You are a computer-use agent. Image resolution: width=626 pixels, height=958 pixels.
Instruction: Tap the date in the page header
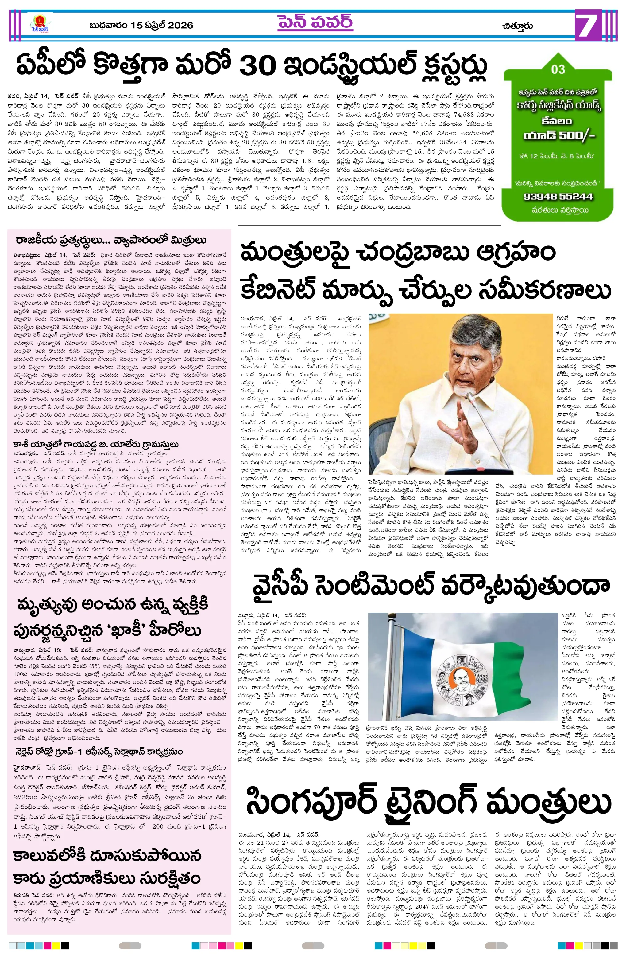141,26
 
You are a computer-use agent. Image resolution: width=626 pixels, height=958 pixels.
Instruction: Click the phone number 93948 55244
558,196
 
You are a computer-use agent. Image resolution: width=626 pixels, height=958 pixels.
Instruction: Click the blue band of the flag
402,660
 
